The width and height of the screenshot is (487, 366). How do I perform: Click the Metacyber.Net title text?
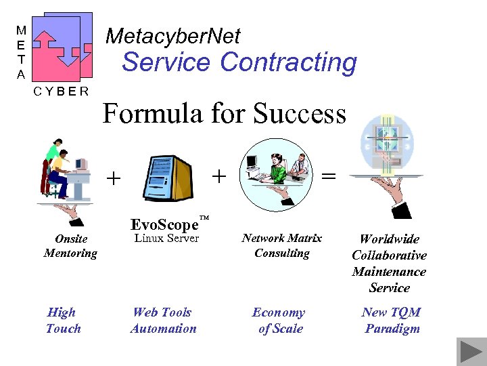pyautogui.click(x=173, y=36)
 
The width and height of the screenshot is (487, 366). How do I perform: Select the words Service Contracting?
pyautogui.click(x=239, y=62)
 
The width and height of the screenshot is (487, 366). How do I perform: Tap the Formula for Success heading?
pyautogui.click(x=224, y=113)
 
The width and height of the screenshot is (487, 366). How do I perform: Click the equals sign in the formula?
pyautogui.click(x=328, y=176)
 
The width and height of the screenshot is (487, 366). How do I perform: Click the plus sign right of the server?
pyautogui.click(x=218, y=176)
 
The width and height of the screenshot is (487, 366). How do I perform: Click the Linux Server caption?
pyautogui.click(x=166, y=239)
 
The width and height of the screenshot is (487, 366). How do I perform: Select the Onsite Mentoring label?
pyautogui.click(x=70, y=246)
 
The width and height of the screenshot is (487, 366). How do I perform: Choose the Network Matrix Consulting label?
pyautogui.click(x=281, y=246)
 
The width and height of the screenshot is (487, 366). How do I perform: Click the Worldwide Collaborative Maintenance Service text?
pyautogui.click(x=389, y=263)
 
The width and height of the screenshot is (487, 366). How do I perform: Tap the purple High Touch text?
pyautogui.click(x=63, y=321)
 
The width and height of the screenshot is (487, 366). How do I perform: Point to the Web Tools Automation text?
pyautogui.click(x=163, y=321)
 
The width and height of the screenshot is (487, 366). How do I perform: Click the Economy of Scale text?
pyautogui.click(x=279, y=321)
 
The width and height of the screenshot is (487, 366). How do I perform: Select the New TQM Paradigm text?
pyautogui.click(x=391, y=321)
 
